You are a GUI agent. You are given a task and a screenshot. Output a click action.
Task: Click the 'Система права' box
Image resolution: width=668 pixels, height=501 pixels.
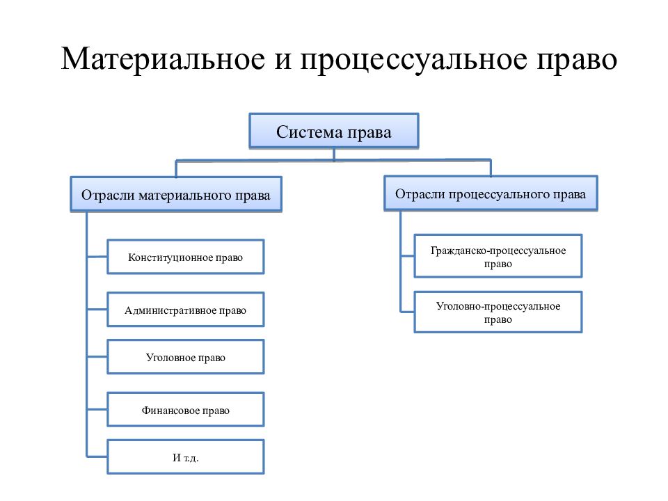coord(334,131)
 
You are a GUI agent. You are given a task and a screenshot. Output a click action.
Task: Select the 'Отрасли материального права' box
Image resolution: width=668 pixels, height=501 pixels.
coord(176,194)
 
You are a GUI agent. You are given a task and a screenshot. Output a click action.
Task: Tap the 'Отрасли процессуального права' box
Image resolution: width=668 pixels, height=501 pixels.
coord(491,193)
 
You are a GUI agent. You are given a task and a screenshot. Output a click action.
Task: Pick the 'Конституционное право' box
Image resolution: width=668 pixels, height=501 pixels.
coord(186,257)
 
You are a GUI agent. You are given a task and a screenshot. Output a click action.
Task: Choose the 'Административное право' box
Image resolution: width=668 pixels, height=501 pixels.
coord(186,309)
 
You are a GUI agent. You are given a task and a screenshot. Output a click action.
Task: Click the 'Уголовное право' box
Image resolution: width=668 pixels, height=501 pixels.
coord(186,356)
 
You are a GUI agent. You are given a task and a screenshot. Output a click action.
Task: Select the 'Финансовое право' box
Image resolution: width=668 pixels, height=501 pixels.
coord(186,409)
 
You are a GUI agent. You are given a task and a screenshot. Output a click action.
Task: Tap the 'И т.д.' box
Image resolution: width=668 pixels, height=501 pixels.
coord(186,456)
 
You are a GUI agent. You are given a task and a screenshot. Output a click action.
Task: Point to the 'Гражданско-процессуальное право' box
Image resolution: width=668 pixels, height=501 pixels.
coord(498,256)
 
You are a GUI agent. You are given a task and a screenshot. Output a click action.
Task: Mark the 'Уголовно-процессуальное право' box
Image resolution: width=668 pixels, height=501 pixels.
coord(498,312)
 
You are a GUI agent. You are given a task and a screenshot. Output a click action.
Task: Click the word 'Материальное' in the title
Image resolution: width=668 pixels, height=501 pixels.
coord(163,58)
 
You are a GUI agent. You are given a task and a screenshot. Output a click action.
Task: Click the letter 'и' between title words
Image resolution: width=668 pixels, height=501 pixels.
coord(283,61)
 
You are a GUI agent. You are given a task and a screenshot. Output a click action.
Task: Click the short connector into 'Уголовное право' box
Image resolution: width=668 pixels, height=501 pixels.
coord(97,356)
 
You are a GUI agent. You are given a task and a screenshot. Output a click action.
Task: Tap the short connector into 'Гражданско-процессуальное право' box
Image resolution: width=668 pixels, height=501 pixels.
coord(407,256)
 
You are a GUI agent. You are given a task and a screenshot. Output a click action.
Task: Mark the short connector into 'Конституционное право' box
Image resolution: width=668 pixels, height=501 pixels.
coord(97,257)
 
